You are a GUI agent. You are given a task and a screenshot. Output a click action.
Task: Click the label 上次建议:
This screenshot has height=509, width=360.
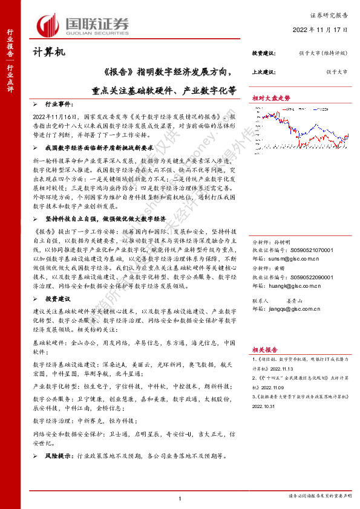click(x=264, y=72)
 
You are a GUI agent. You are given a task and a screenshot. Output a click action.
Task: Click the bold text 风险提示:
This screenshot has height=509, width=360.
click(x=57, y=456)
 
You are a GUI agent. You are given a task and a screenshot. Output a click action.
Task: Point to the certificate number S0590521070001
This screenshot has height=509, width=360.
click(x=312, y=233)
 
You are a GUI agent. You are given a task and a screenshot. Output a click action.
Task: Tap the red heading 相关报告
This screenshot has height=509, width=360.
click(x=264, y=349)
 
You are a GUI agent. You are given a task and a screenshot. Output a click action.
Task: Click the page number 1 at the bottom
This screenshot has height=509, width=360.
click(x=180, y=498)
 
